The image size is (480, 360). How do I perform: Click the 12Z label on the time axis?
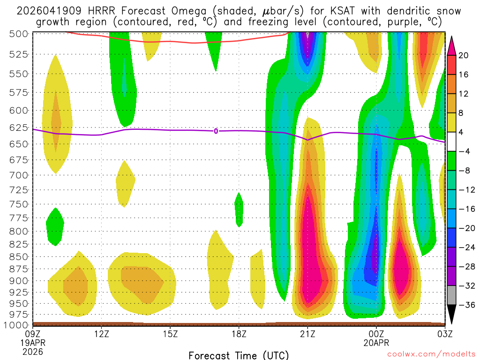pos(102,334)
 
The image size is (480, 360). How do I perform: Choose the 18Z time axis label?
pos(239,334)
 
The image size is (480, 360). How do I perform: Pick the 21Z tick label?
pos(307,334)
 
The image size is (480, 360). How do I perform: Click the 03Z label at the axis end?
pos(444,334)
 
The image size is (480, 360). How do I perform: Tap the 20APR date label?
pos(376,343)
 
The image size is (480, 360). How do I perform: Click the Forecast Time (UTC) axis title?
pos(239,355)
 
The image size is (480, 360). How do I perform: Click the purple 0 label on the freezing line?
pos(216,131)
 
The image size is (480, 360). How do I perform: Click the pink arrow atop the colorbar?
pos(452,45)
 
